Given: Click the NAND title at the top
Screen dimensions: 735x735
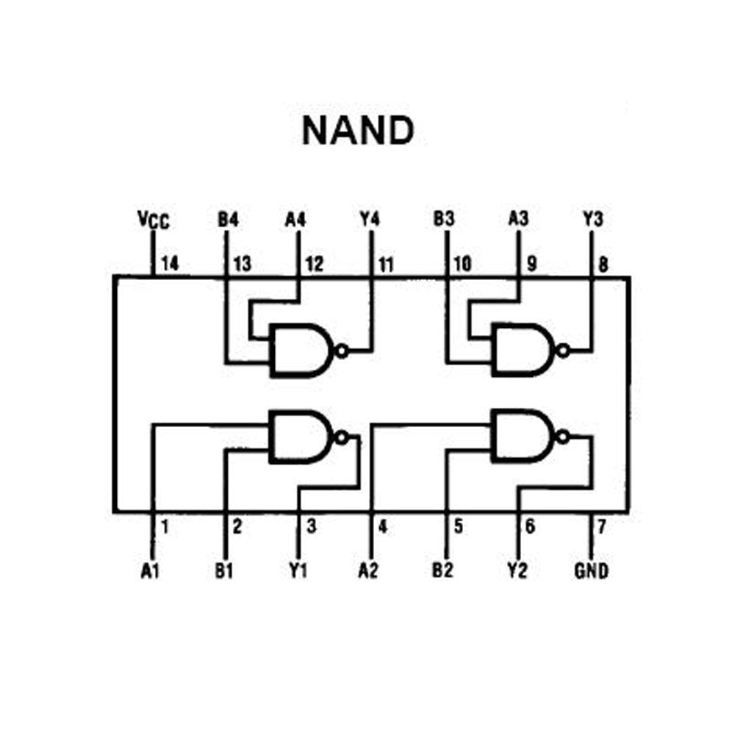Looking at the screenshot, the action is (x=358, y=130).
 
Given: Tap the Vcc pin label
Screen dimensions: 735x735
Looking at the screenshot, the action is (x=154, y=219).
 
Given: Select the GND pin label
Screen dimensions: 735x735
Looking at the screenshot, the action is (x=591, y=570).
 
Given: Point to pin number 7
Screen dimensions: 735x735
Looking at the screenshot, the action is (x=601, y=526).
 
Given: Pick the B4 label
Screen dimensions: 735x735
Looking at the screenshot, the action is (x=229, y=219).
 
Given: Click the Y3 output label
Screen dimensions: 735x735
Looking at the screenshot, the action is (x=593, y=218).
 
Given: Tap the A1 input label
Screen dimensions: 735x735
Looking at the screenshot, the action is (x=150, y=570).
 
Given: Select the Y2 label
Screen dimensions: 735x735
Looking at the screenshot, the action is (x=517, y=570).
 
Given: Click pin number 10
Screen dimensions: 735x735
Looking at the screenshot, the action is (x=462, y=264).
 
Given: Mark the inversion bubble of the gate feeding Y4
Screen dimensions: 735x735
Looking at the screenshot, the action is (x=343, y=351).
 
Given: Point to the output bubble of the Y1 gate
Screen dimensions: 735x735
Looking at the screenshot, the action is (x=341, y=437).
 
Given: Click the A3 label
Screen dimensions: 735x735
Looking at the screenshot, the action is (x=518, y=218).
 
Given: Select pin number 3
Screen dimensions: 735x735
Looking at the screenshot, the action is (x=311, y=526).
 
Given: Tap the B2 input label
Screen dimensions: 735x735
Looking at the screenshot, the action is (x=442, y=570).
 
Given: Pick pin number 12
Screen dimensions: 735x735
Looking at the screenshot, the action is (x=315, y=265).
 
